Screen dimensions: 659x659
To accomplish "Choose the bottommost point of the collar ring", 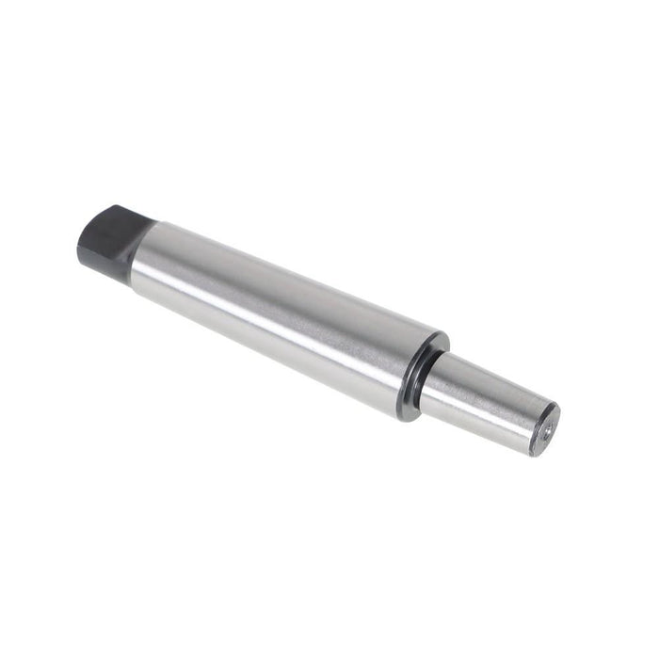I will [x=405, y=420].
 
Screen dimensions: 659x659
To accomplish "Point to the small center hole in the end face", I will [x=546, y=428].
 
